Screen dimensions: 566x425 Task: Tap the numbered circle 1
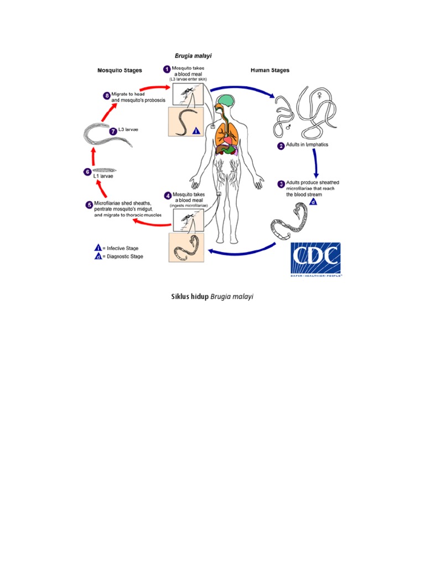click(167, 69)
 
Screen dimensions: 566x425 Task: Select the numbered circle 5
click(89, 205)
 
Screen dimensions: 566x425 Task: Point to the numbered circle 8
click(107, 96)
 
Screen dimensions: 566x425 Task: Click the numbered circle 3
click(281, 184)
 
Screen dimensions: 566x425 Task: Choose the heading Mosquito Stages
click(120, 71)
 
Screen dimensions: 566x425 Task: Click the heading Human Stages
click(269, 71)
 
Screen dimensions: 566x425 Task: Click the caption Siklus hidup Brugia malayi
click(212, 297)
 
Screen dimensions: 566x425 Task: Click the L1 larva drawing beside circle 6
click(105, 169)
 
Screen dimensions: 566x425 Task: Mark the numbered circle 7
click(113, 132)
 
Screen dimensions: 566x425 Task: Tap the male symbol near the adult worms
click(288, 127)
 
